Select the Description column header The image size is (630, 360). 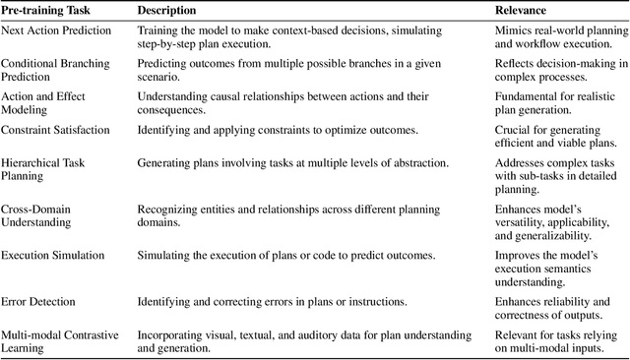tap(166, 10)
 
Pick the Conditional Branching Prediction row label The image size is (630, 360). tap(49, 70)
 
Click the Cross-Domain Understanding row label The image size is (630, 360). tap(37, 215)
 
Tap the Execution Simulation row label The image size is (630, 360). tap(52, 256)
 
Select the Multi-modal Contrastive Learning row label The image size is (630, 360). tap(55, 340)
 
